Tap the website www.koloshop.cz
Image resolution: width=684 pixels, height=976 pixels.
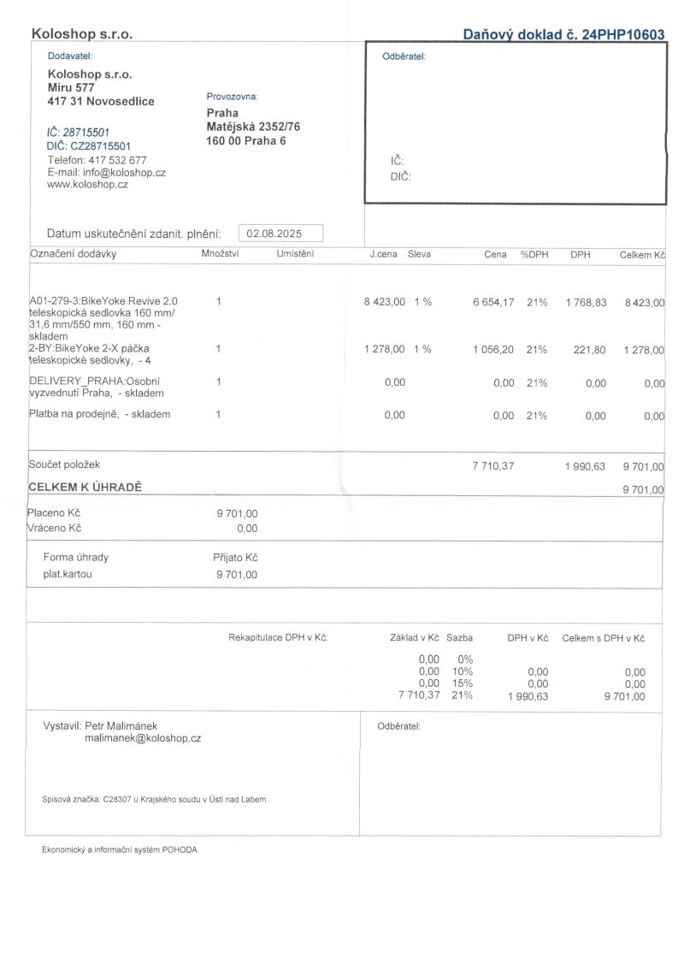[88, 184]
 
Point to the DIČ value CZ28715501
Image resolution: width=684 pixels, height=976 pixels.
[100, 146]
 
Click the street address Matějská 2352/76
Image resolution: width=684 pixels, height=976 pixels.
[253, 127]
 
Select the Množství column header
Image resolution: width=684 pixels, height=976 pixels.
[220, 254]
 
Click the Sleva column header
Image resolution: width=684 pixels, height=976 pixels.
[419, 254]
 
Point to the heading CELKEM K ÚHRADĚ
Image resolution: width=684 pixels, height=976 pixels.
[85, 487]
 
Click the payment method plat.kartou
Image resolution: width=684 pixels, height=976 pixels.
[68, 574]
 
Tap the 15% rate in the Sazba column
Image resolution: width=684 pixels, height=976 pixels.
[462, 683]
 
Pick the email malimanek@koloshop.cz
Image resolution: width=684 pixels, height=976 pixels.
[143, 737]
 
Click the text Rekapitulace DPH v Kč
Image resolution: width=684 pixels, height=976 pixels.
[278, 637]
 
